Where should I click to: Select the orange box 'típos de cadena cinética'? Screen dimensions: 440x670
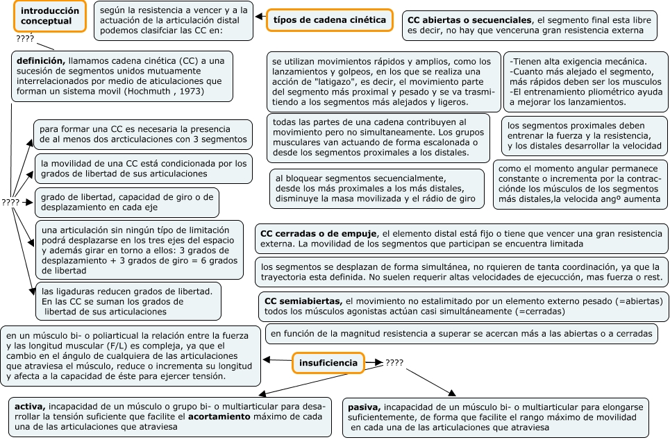coord(329,20)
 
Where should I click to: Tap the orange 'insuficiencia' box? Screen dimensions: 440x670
coord(328,362)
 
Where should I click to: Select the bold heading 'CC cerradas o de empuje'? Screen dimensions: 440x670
coord(319,234)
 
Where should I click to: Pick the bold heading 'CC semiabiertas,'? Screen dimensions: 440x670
coord(302,301)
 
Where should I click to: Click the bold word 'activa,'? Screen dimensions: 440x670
coord(30,406)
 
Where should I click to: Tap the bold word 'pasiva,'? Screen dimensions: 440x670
coord(364,407)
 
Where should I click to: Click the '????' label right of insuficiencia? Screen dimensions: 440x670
coord(394,363)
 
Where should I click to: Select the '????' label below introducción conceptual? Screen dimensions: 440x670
coord(26,39)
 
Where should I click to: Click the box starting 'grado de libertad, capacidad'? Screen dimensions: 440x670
coord(126,202)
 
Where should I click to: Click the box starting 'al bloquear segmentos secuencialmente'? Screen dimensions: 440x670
coord(378,189)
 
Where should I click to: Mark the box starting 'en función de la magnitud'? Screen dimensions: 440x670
coord(462,334)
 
